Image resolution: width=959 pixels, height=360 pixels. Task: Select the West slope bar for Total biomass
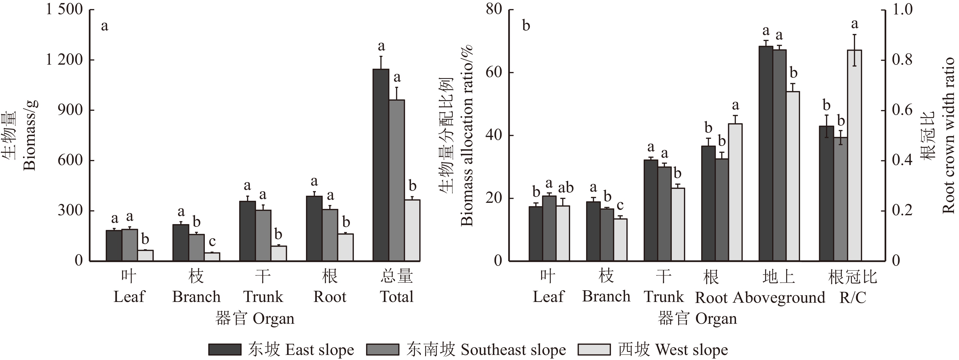coord(412,230)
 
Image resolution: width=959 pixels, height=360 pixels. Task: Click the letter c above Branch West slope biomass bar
coord(212,242)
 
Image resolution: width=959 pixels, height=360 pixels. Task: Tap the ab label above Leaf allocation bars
coord(566,187)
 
